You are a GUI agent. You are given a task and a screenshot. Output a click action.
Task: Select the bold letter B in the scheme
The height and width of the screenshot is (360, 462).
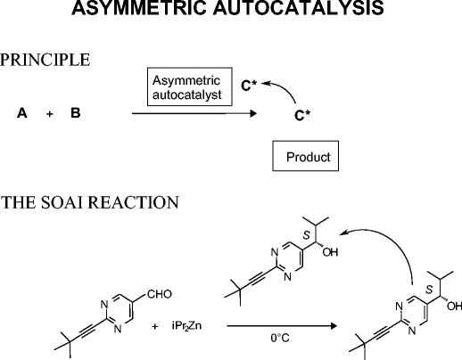tap(75, 115)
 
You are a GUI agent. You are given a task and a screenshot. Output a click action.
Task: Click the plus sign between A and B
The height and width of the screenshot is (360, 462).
tap(49, 115)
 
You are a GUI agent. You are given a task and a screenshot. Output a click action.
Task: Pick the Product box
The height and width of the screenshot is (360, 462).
tap(308, 158)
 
